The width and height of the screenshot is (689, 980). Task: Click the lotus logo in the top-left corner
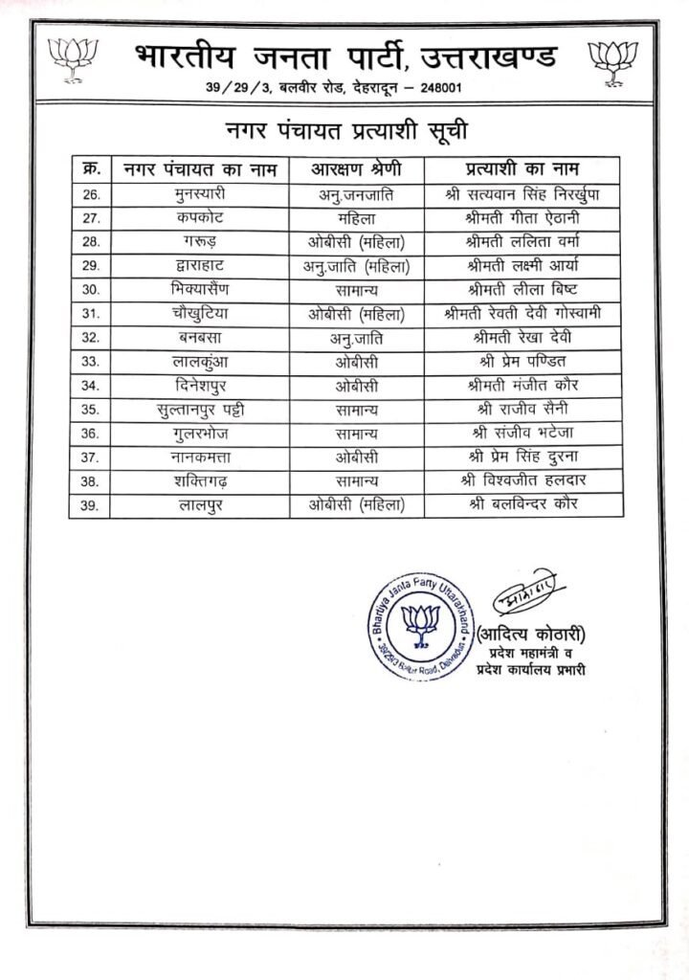click(x=73, y=60)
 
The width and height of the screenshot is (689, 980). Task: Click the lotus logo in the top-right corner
click(x=614, y=60)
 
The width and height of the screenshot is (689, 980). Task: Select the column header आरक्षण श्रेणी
click(x=357, y=169)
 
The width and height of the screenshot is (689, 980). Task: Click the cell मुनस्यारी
click(x=199, y=194)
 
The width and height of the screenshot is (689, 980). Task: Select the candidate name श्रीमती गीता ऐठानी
click(x=525, y=218)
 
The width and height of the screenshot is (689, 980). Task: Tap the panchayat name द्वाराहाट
click(x=199, y=266)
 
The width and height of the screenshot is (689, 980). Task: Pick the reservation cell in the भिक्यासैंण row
click(x=357, y=290)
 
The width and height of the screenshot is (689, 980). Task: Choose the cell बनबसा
click(x=199, y=338)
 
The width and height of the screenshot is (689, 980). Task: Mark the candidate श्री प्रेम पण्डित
click(x=525, y=362)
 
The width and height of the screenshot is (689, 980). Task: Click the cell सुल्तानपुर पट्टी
click(x=199, y=410)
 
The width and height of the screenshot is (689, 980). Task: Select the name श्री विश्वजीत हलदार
click(x=525, y=481)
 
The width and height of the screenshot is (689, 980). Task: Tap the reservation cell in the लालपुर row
click(x=357, y=505)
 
